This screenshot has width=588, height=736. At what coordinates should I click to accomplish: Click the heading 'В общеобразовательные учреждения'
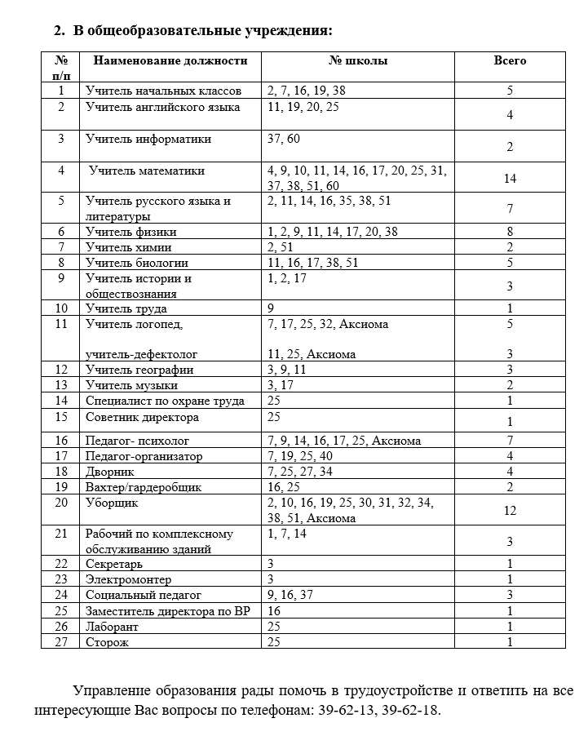(202, 31)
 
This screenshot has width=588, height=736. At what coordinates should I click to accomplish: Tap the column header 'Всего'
(510, 61)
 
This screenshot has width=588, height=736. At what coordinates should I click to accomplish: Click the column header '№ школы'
(358, 61)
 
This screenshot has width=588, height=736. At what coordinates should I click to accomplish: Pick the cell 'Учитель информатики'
(148, 139)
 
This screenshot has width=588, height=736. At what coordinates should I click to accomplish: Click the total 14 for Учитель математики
(510, 178)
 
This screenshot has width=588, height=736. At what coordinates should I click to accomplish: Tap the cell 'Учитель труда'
(126, 308)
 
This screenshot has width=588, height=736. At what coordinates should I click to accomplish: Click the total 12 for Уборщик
(510, 510)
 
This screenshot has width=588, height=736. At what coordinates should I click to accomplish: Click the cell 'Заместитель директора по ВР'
(167, 610)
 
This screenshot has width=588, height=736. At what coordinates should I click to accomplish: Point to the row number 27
(61, 641)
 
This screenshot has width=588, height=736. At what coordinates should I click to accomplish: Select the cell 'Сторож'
(108, 641)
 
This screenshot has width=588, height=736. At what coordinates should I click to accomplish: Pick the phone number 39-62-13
(345, 709)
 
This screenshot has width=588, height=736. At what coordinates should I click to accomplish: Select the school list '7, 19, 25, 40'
(299, 456)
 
